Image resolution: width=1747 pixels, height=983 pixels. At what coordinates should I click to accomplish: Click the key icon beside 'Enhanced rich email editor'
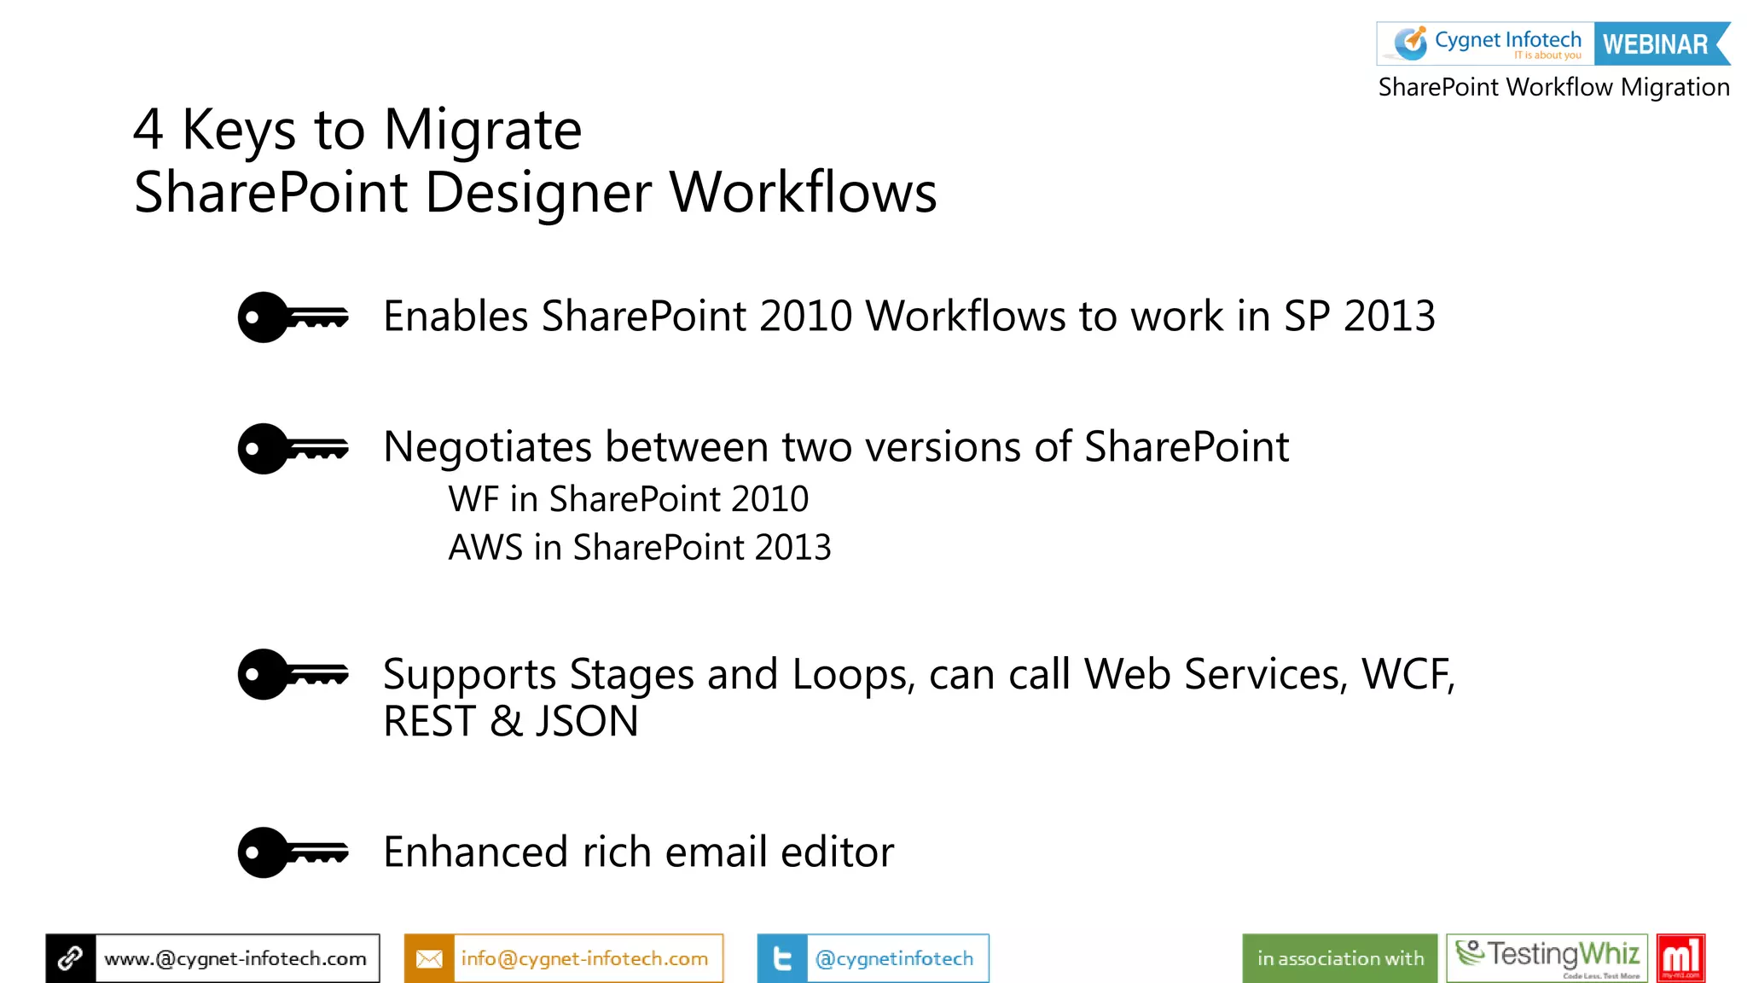(x=293, y=852)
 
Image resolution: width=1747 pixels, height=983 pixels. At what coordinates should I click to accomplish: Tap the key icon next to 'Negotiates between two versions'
(x=293, y=448)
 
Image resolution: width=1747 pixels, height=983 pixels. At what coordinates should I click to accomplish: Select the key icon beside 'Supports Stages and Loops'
(x=293, y=674)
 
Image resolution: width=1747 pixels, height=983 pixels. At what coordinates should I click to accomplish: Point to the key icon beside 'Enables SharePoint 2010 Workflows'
(x=293, y=317)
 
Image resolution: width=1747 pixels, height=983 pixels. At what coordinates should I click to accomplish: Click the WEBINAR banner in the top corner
(x=1657, y=44)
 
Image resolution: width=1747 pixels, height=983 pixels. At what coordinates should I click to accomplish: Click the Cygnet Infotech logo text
(x=1507, y=40)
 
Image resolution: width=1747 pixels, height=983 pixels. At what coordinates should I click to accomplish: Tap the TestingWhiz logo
(x=1547, y=957)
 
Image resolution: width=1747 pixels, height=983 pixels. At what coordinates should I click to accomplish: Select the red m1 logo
(x=1680, y=957)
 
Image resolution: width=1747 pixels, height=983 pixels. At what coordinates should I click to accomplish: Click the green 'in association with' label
(x=1340, y=958)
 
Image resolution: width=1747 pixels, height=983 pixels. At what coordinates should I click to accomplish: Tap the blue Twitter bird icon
(x=782, y=958)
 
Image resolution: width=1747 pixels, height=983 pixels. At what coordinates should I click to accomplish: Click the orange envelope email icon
(x=429, y=958)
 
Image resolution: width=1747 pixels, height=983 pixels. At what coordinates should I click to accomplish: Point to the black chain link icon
(x=71, y=958)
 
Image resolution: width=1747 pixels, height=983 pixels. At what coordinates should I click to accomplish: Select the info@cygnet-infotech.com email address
(x=585, y=958)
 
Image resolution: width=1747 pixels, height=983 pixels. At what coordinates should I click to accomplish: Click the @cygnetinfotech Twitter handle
(x=894, y=958)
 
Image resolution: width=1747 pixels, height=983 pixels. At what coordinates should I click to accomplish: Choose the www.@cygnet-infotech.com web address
(x=235, y=958)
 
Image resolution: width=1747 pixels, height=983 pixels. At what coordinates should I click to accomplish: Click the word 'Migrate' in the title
(x=483, y=131)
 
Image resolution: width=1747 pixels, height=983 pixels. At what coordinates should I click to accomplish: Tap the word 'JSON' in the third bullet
(x=586, y=721)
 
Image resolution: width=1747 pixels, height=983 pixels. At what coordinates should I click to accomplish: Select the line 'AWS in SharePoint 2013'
(x=640, y=548)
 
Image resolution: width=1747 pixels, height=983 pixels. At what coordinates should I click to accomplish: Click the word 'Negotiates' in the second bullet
(x=488, y=447)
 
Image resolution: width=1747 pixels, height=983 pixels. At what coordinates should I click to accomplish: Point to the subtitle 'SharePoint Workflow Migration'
(x=1553, y=87)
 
